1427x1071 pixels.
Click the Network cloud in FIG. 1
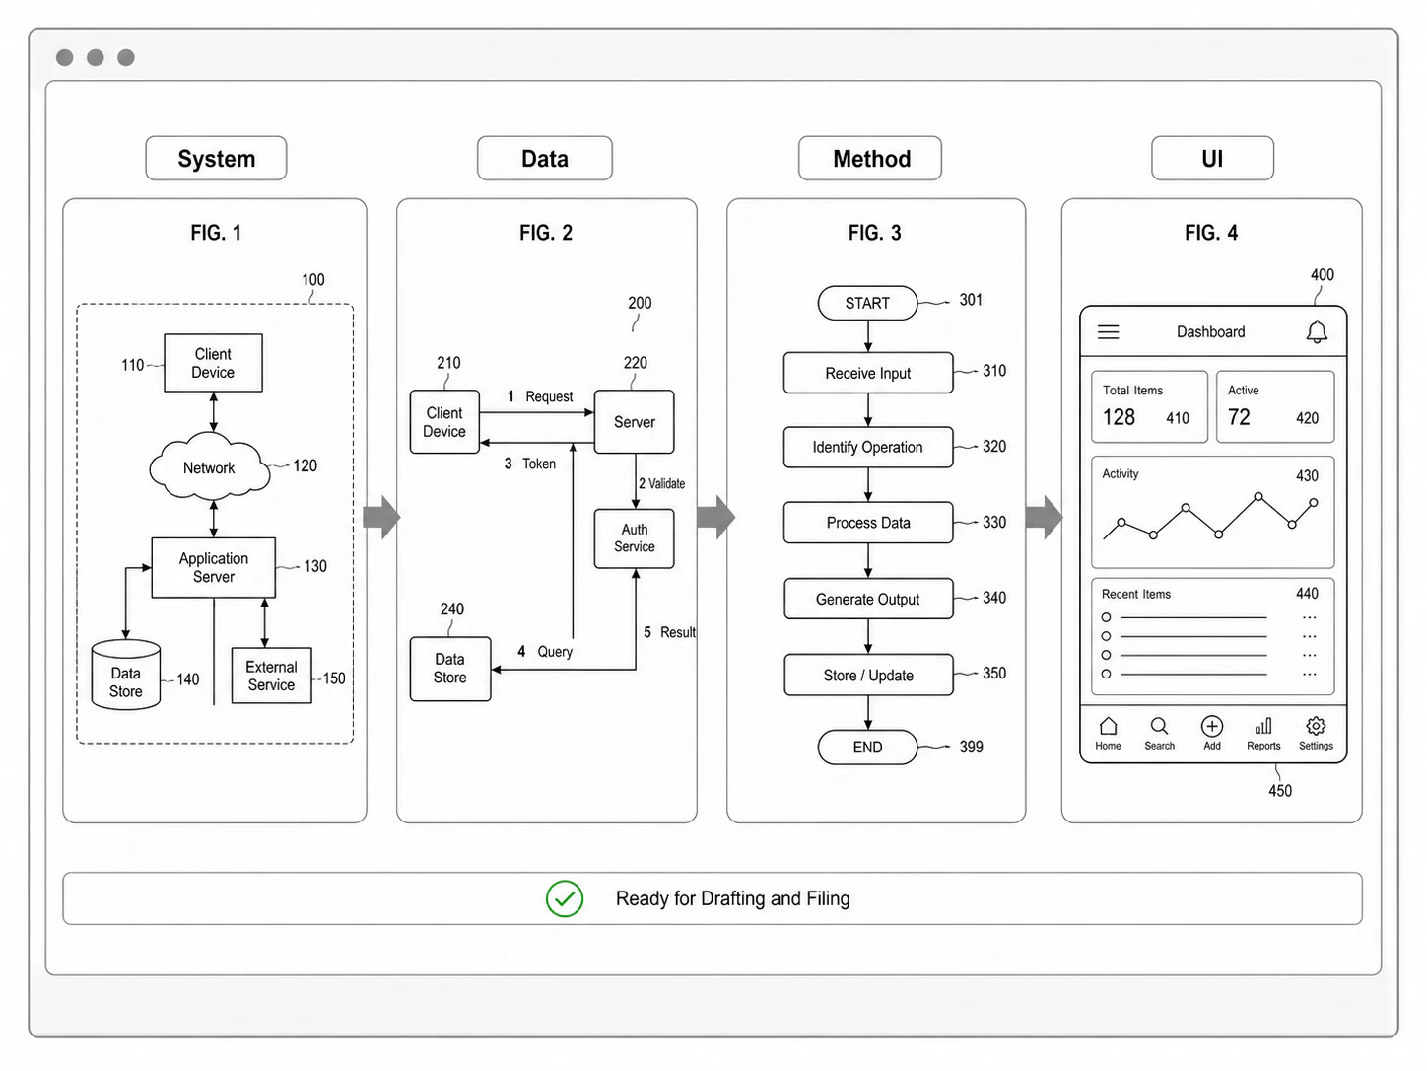click(209, 466)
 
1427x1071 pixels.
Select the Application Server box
click(213, 567)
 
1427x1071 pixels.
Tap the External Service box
click(271, 676)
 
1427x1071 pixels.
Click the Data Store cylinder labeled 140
click(125, 675)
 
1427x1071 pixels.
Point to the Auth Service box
click(634, 537)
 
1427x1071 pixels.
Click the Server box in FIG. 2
click(634, 421)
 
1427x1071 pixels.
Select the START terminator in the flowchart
click(867, 303)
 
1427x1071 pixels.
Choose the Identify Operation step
click(868, 447)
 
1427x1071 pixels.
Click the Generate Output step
click(868, 599)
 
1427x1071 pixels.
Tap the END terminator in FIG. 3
click(867, 747)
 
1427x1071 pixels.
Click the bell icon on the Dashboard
click(1317, 331)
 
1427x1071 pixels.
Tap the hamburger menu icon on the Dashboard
click(1109, 332)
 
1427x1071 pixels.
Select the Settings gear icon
click(1316, 726)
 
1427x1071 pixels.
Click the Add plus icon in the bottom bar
click(1212, 726)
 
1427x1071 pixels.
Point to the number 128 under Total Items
click(1119, 417)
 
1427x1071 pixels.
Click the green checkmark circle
click(565, 898)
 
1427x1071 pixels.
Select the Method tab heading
click(870, 158)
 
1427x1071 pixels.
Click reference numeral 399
click(972, 747)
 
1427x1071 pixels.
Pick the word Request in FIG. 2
click(549, 396)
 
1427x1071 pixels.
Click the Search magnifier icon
click(1159, 726)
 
